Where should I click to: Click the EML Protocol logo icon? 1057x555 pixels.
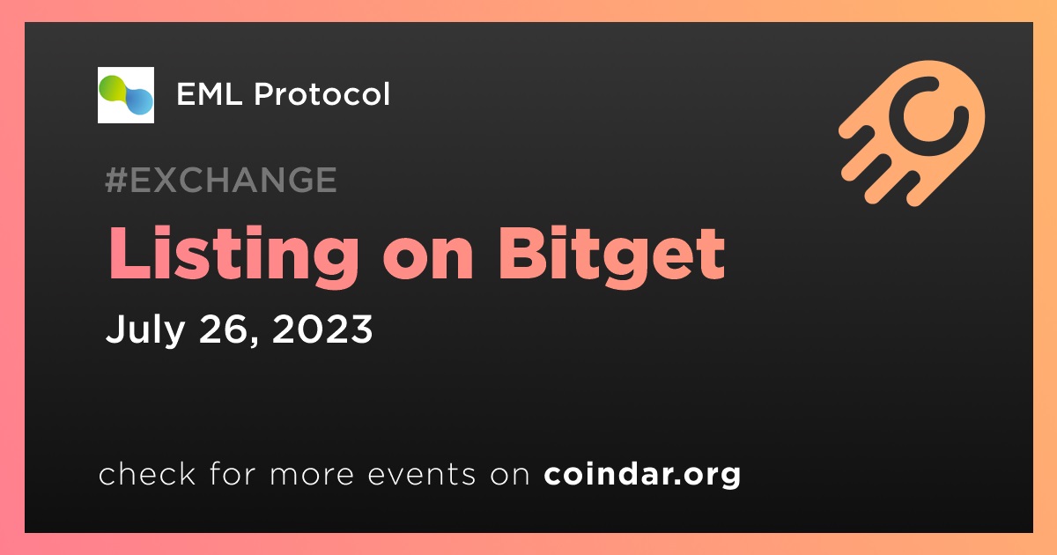125,95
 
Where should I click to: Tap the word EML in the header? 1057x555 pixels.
210,94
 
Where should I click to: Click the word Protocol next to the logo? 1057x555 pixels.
322,93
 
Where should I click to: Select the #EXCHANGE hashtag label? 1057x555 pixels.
221,180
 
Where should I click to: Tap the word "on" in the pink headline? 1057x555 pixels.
428,262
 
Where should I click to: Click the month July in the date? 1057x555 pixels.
145,330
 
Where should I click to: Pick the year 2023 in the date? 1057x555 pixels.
322,329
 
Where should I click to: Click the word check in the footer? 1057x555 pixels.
147,473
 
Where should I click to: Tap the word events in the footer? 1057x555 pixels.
421,474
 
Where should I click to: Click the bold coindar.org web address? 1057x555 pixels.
642,475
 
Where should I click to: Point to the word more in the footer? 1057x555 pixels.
312,476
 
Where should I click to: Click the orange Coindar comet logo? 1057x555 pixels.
913,133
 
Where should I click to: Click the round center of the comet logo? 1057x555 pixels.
928,115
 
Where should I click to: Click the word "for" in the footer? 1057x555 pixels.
233,473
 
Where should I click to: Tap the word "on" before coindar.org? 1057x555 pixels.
510,476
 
